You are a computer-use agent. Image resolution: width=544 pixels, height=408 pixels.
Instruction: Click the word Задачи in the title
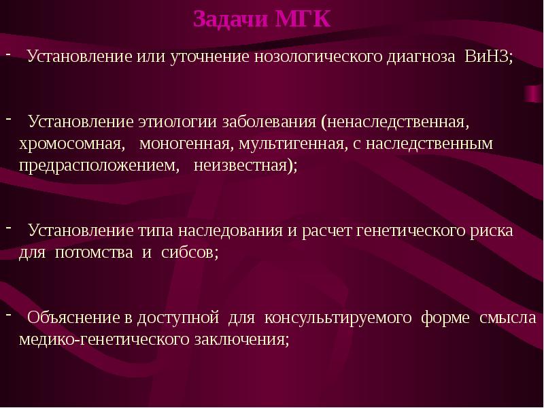[230, 18]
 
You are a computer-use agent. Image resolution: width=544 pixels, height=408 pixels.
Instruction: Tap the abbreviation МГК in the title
[303, 18]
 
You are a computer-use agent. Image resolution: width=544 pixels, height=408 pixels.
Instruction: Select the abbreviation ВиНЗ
[488, 56]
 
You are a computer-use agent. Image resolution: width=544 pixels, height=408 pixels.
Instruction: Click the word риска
[494, 231]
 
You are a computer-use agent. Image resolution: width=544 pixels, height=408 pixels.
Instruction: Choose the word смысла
[508, 318]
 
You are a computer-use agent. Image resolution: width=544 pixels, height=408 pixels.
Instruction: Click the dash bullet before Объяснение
[9, 315]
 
